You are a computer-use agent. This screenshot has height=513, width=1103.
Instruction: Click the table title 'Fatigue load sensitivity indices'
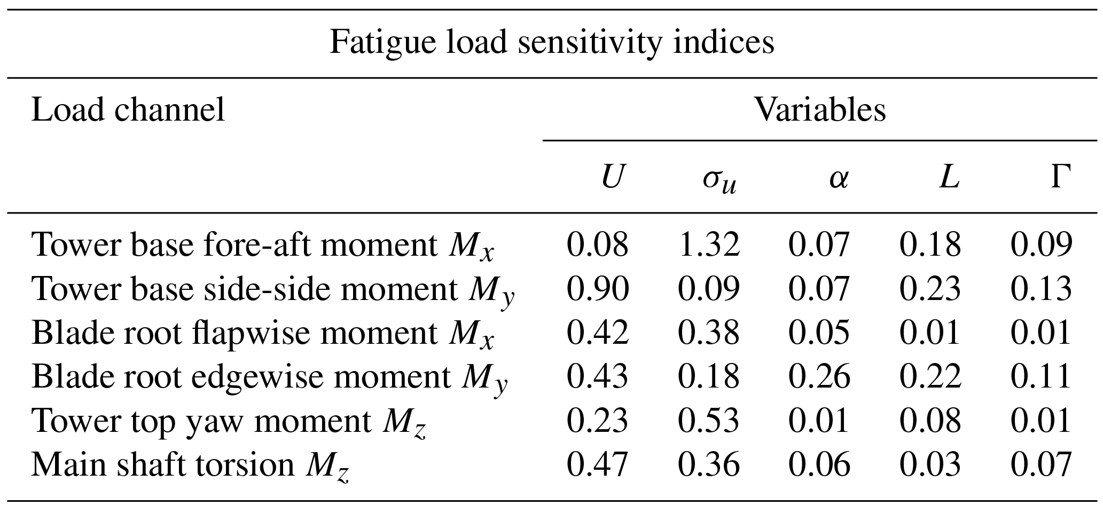click(x=551, y=42)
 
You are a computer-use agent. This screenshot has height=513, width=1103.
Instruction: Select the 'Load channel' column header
click(x=128, y=111)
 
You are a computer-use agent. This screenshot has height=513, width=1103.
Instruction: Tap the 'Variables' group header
click(x=820, y=111)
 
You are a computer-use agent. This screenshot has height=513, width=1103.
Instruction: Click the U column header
click(x=612, y=178)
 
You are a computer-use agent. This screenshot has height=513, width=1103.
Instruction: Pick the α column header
click(x=838, y=179)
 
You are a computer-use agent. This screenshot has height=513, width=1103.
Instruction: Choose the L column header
click(x=949, y=178)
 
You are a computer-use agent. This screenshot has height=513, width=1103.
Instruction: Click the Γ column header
click(x=1061, y=178)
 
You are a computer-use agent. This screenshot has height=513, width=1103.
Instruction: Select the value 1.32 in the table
click(x=709, y=245)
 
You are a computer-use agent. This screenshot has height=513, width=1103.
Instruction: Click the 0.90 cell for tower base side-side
click(x=598, y=289)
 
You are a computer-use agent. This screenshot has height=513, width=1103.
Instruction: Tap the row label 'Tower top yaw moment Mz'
click(x=229, y=421)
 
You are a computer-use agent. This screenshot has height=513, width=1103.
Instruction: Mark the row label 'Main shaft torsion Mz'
click(x=191, y=465)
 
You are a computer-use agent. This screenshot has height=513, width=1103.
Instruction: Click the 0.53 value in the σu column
click(x=709, y=421)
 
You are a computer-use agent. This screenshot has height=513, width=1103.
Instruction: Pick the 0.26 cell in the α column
click(x=819, y=377)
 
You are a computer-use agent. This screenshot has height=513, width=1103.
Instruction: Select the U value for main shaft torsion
click(x=598, y=465)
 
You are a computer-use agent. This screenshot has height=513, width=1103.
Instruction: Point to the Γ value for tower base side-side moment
click(x=1041, y=289)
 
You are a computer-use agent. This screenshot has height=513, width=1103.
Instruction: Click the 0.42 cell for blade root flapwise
click(x=598, y=333)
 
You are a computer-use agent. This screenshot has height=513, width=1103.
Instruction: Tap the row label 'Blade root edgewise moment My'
click(x=269, y=377)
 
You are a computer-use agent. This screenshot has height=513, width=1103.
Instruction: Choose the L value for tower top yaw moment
click(x=930, y=421)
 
